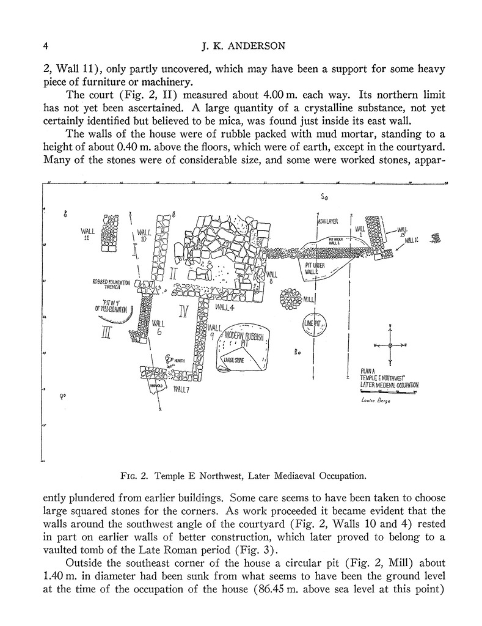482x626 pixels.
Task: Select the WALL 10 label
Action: tap(144, 235)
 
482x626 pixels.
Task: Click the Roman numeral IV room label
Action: tap(182, 312)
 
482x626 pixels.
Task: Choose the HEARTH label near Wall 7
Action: tap(180, 361)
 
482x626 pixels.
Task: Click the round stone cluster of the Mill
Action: tap(290, 300)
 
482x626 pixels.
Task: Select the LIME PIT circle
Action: tap(316, 323)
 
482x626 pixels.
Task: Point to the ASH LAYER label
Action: tap(328, 221)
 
